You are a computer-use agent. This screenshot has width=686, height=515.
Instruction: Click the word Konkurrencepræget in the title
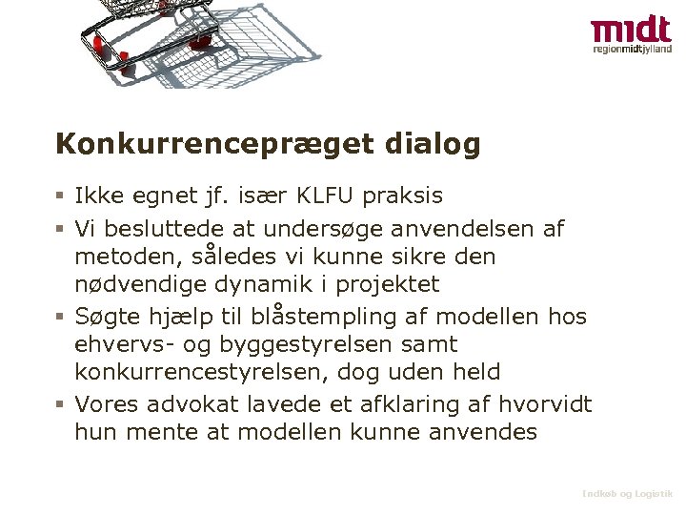point(214,145)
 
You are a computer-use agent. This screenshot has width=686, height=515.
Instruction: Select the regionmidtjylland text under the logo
point(632,49)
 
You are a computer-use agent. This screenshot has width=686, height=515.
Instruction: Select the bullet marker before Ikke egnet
point(60,197)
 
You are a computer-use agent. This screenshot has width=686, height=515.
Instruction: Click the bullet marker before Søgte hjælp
point(60,317)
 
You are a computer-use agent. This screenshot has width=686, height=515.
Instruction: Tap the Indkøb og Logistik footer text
point(628,494)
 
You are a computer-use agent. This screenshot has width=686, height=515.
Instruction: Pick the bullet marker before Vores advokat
point(60,404)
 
